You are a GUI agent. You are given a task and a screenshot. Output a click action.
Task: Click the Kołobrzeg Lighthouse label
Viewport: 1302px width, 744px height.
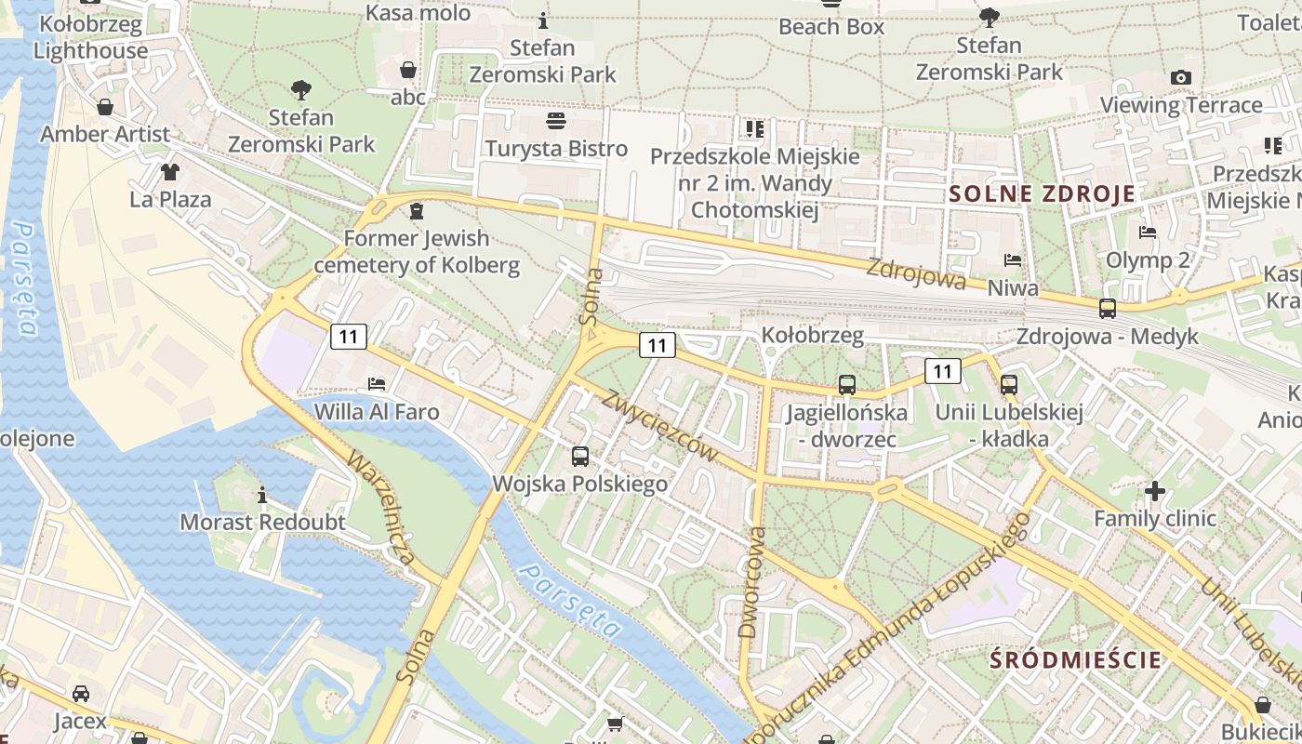click(x=90, y=37)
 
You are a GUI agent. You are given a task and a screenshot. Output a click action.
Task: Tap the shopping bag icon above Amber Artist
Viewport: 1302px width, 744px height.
click(x=105, y=107)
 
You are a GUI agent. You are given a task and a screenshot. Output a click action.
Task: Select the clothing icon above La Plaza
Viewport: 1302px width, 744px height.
click(x=169, y=171)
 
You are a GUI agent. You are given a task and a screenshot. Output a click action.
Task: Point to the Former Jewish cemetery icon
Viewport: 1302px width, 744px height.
click(x=417, y=211)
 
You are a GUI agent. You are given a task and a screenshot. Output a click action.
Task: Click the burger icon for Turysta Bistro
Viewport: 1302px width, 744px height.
click(x=556, y=121)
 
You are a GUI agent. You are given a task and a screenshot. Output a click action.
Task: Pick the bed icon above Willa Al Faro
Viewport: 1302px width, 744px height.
click(x=377, y=383)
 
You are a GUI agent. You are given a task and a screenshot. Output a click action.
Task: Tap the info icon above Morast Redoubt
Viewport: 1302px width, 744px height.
click(x=262, y=494)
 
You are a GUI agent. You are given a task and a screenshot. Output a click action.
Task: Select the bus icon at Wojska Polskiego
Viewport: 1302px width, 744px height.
click(x=580, y=456)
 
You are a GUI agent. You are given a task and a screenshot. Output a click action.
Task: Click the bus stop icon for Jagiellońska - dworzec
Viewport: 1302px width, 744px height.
click(x=846, y=384)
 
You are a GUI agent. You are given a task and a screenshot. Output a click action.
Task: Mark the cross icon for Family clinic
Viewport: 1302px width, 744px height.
click(x=1155, y=490)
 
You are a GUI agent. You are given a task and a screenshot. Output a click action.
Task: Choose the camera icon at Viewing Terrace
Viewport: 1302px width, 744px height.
click(x=1181, y=77)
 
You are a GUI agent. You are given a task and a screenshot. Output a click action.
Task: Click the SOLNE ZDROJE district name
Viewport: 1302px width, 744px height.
click(x=1042, y=193)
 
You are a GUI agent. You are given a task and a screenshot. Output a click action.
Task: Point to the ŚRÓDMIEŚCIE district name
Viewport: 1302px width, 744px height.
click(x=1076, y=660)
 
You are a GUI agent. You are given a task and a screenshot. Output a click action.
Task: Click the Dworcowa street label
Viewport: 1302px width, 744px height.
click(x=751, y=582)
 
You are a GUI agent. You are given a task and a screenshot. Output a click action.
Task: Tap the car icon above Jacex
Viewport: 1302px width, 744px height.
click(x=81, y=694)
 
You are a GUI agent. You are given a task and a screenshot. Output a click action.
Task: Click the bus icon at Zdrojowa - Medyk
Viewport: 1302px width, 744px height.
click(x=1108, y=309)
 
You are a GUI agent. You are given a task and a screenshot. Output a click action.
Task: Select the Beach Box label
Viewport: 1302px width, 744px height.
click(x=831, y=27)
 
